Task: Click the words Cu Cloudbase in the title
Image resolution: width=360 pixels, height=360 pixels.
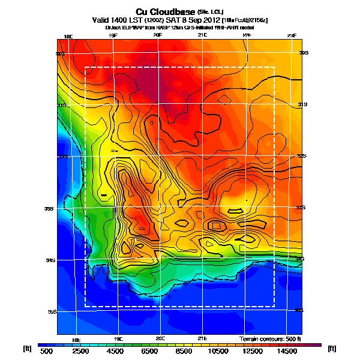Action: (x=161, y=11)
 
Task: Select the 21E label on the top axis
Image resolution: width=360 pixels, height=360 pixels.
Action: (x=202, y=36)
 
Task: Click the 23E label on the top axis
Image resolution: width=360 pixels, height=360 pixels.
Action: (x=292, y=36)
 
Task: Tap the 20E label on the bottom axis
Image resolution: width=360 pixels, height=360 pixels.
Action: (x=160, y=338)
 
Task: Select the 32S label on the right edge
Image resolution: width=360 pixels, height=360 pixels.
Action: (x=302, y=156)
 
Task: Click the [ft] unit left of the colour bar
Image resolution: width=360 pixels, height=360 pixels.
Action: (x=26, y=348)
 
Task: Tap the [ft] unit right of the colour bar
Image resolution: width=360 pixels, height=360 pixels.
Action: (x=331, y=348)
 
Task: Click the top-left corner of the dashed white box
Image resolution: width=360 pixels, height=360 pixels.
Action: (x=85, y=67)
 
